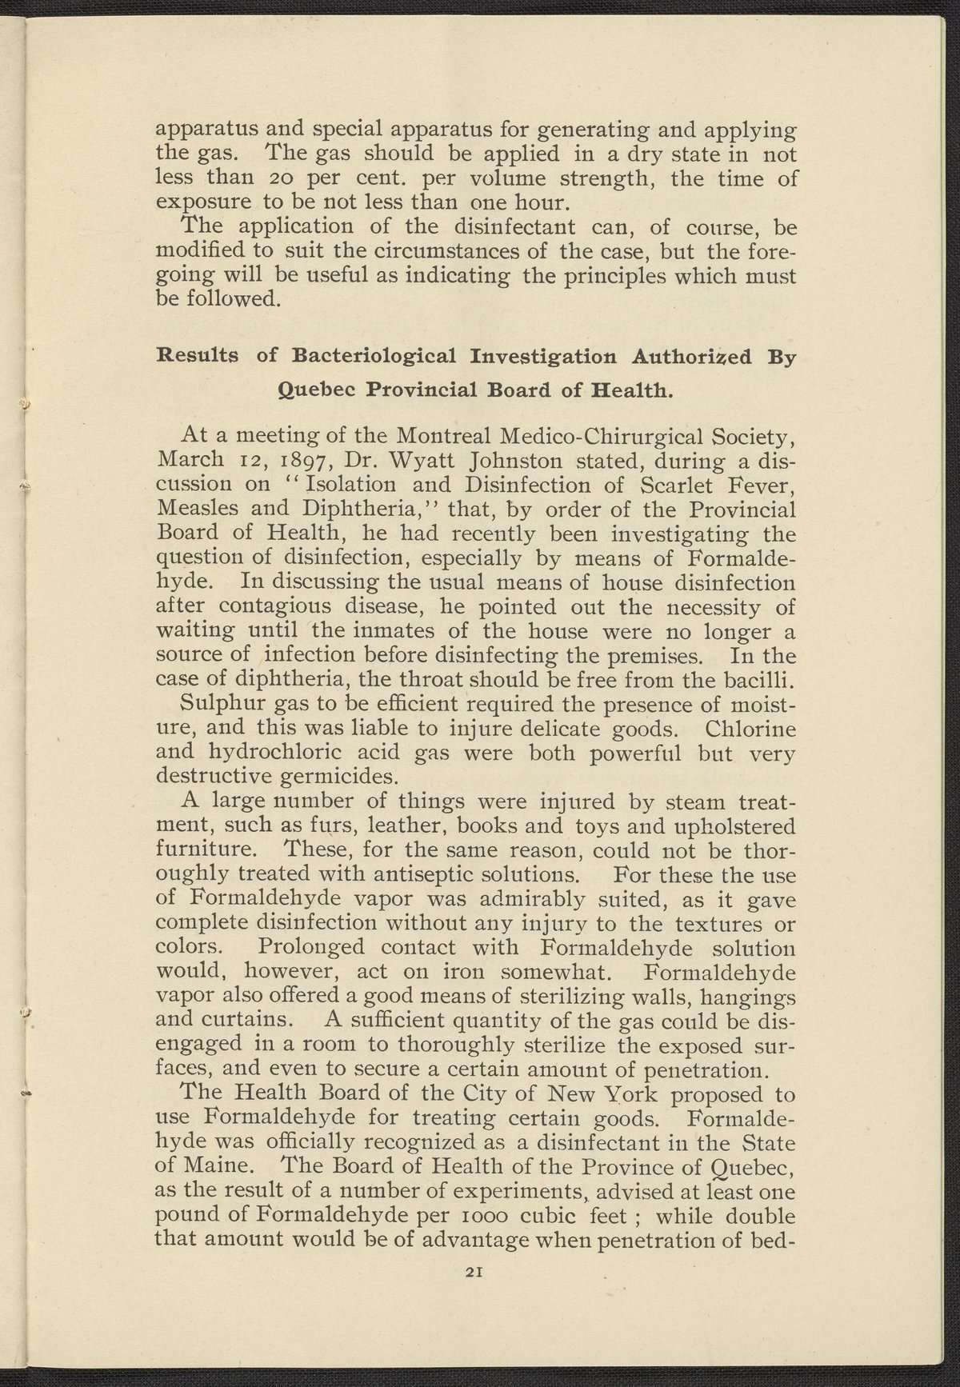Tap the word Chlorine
(751, 729)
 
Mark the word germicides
(327, 778)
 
